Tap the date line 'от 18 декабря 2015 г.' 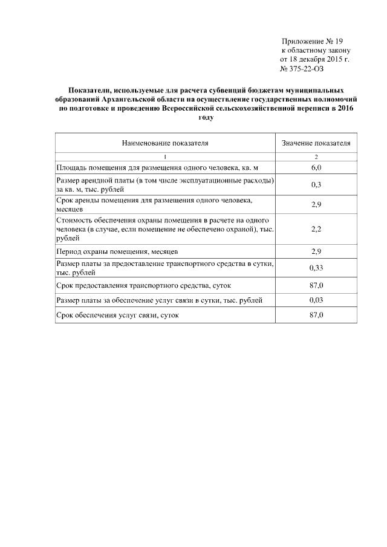pyautogui.click(x=314, y=60)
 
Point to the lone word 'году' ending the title pyautogui.click(x=207, y=117)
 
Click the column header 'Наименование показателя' pyautogui.click(x=165, y=143)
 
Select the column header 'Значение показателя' pyautogui.click(x=316, y=143)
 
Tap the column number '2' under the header pyautogui.click(x=316, y=157)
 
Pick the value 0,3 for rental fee pyautogui.click(x=316, y=184)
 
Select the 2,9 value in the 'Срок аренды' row pyautogui.click(x=316, y=204)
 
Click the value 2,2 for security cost pyautogui.click(x=316, y=230)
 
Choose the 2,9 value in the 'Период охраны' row pyautogui.click(x=316, y=250)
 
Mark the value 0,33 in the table pyautogui.click(x=316, y=267)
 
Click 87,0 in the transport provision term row pyautogui.click(x=316, y=284)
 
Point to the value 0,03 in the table pyautogui.click(x=316, y=300)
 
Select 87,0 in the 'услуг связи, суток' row pyautogui.click(x=316, y=316)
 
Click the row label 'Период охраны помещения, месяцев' pyautogui.click(x=117, y=251)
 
